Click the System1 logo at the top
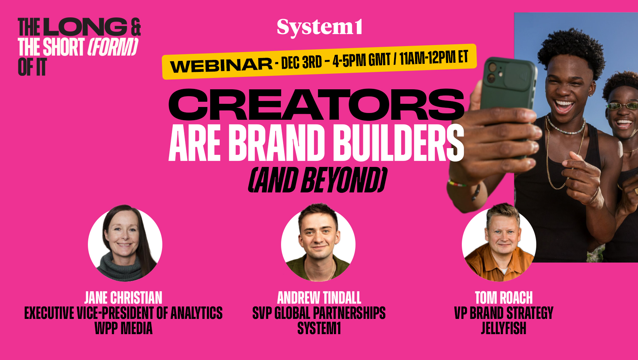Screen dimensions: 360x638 319,27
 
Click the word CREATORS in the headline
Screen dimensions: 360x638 316,105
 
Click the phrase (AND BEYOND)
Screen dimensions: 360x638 317,180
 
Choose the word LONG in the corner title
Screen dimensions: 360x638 87,27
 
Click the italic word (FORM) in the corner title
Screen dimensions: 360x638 113,47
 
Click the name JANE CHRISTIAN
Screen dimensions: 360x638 123,298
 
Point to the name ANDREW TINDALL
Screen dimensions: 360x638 319,298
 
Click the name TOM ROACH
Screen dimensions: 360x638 504,298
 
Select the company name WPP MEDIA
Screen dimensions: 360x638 123,328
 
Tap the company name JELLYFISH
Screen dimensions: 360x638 504,328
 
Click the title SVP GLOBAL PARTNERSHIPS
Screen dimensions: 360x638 319,313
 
